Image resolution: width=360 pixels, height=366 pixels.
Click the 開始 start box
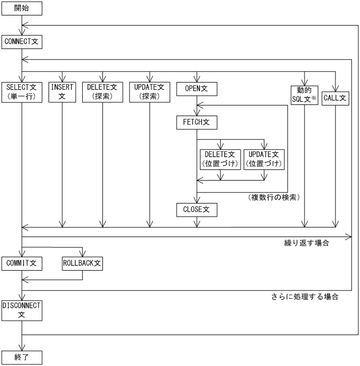22,9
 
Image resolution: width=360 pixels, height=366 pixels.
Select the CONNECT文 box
22,40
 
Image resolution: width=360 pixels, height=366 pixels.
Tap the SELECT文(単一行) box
22,92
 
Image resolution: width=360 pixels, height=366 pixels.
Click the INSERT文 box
62,92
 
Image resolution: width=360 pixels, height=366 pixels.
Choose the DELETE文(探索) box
104,92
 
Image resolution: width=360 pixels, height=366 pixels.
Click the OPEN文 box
196,87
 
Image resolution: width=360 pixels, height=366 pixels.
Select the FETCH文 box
196,122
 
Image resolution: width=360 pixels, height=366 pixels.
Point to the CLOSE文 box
196,209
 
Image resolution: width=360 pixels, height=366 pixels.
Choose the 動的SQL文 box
305,95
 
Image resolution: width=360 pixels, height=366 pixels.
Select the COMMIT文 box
22,263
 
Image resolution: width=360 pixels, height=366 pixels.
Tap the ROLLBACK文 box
82,263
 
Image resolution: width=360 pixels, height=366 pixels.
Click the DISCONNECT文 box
22,310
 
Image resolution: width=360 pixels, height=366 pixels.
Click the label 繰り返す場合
306,243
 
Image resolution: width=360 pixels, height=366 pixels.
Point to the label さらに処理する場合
305,296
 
